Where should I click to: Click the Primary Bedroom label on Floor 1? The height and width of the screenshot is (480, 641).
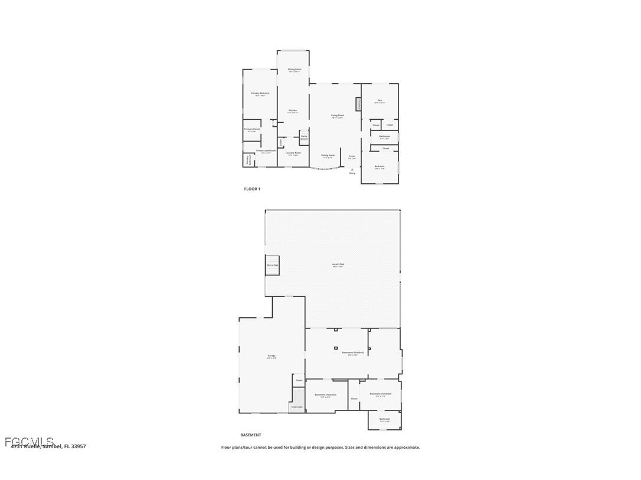tap(260, 93)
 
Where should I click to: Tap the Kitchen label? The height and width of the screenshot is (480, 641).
tap(293, 111)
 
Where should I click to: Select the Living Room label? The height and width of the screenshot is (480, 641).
tap(338, 116)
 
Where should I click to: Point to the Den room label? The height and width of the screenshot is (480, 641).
tap(380, 101)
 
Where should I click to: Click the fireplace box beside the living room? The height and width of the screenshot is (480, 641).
tap(358, 104)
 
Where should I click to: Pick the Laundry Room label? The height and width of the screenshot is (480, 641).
tap(293, 153)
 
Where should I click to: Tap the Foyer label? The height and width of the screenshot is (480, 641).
tap(352, 156)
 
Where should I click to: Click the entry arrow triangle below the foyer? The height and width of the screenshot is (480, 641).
tap(352, 169)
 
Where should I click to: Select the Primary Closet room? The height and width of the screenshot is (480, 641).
tap(252, 130)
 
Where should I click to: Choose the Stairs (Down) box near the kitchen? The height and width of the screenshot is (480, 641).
tap(304, 137)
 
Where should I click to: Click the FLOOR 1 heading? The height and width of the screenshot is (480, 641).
tap(252, 189)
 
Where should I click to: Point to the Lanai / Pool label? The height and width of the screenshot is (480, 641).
tap(338, 265)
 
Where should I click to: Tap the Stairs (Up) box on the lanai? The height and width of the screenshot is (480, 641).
tap(272, 265)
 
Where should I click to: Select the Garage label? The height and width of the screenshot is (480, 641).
tap(272, 356)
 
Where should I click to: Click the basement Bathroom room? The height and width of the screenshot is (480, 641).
tap(385, 419)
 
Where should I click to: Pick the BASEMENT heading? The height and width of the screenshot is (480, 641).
tap(250, 435)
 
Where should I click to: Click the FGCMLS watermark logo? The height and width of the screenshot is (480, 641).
tap(29, 442)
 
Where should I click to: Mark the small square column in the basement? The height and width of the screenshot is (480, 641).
tap(335, 349)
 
